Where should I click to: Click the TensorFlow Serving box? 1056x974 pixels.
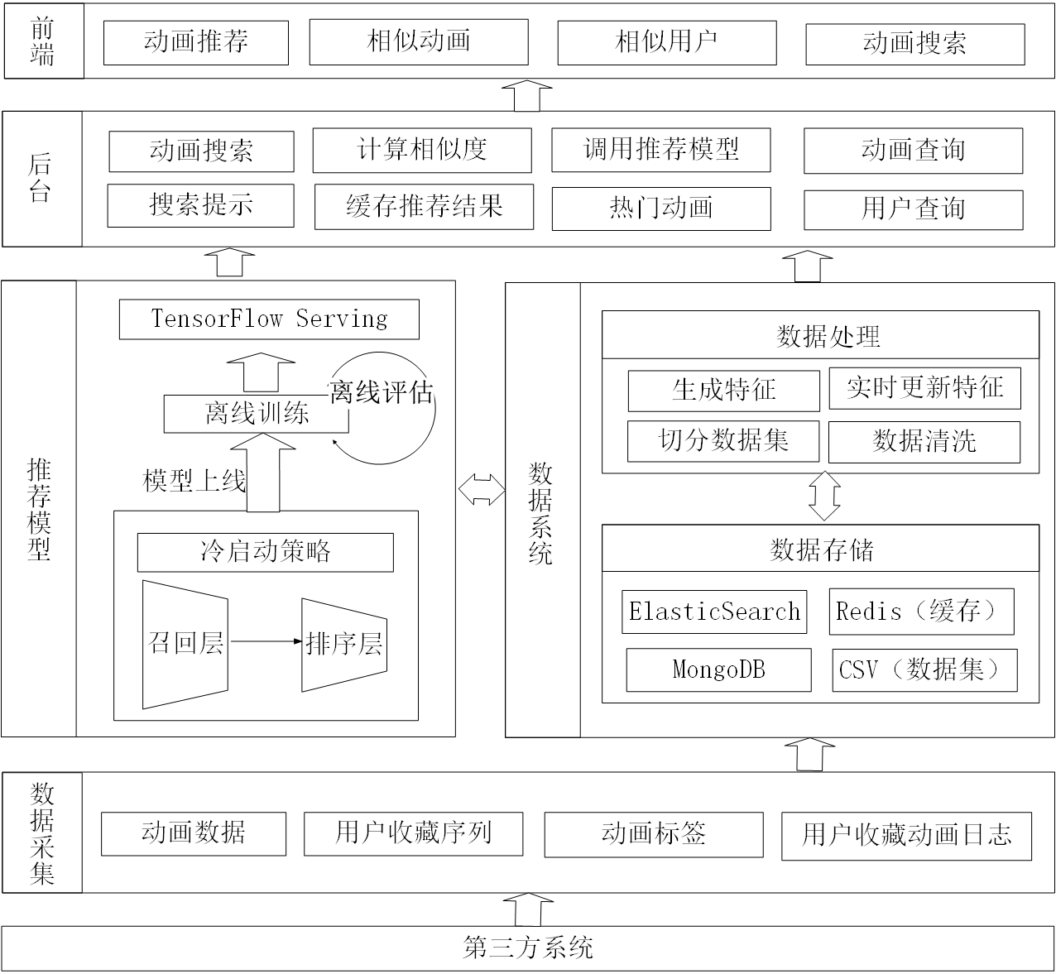(x=269, y=319)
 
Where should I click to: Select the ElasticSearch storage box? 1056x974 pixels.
(x=714, y=612)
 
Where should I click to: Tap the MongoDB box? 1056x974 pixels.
(x=718, y=669)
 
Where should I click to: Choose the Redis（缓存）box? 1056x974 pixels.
(x=921, y=612)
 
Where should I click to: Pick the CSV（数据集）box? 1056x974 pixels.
(x=924, y=669)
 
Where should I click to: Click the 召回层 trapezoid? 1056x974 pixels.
(x=185, y=644)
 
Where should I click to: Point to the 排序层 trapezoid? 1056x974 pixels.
(x=343, y=644)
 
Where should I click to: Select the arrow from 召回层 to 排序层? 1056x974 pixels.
(x=265, y=641)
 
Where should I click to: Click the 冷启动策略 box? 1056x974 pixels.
(x=265, y=552)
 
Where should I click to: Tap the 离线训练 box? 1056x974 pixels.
(x=256, y=414)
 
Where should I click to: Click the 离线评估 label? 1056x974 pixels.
(x=381, y=391)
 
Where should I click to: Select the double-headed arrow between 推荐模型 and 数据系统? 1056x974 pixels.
(x=482, y=489)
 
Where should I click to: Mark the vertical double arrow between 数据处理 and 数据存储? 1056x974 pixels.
(x=824, y=497)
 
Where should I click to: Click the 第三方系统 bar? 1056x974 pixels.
(x=528, y=948)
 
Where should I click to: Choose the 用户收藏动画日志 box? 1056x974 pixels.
(x=906, y=836)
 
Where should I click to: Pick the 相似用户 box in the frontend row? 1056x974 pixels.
(x=666, y=42)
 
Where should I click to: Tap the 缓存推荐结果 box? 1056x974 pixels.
(x=424, y=207)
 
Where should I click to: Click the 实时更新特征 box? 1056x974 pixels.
(x=924, y=387)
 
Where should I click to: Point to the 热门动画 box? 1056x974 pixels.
(x=660, y=209)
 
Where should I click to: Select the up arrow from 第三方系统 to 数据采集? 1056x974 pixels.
(x=527, y=909)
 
